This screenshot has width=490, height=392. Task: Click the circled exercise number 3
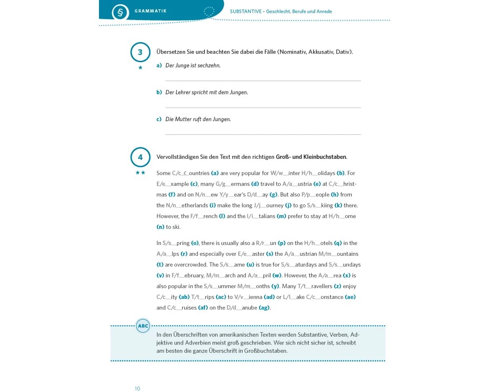[x=141, y=52]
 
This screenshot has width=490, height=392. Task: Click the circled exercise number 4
[x=141, y=157]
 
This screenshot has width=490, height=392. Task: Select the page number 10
[x=137, y=389]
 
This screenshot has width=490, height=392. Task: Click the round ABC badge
[x=143, y=326]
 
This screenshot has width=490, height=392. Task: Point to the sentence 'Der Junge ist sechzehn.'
[x=193, y=65]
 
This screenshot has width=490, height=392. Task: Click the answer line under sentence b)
[x=263, y=107]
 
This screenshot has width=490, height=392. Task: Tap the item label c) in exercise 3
[x=159, y=119]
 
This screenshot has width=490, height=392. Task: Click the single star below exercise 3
[x=141, y=68]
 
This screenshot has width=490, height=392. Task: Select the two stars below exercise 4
[x=141, y=172]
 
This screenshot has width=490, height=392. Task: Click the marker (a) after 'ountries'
[x=214, y=173]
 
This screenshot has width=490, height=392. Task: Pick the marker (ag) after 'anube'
[x=264, y=308]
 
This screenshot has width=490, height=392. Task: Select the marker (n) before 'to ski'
[x=160, y=227]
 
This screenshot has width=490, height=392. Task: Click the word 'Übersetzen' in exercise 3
[x=172, y=52]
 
